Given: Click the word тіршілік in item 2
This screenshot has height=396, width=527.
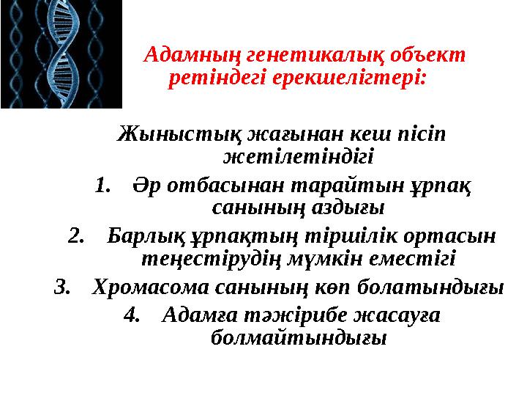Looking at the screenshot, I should [341, 236].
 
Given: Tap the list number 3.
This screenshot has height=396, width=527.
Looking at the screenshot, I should [63, 287].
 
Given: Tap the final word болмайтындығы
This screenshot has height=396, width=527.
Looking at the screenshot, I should [297, 338].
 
